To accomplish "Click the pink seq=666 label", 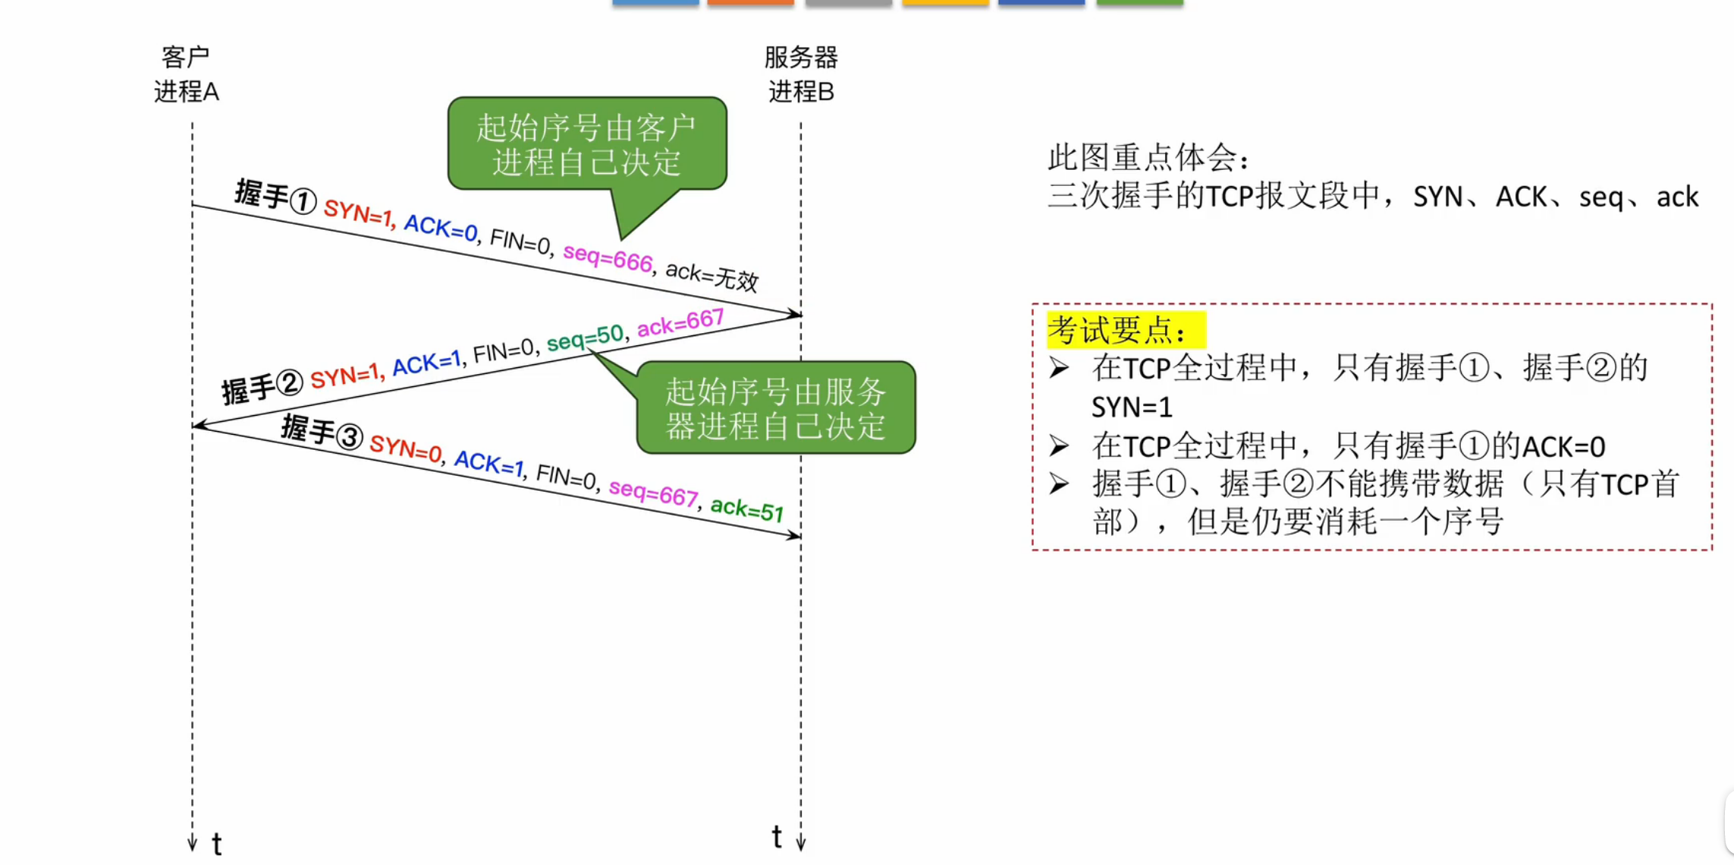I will pos(607,258).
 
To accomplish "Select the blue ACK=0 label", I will pos(441,228).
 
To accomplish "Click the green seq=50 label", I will pos(585,338).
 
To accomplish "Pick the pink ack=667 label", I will pos(680,322).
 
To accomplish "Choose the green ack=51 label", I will pos(746,510).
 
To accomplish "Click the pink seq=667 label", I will pos(653,493).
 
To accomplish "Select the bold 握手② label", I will pos(262,386).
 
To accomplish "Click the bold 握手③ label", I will pos(322,432).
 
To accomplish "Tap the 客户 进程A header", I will pos(186,74).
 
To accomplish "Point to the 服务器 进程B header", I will pos(800,74).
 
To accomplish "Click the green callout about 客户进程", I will pos(586,144).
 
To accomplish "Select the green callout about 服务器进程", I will pos(775,408).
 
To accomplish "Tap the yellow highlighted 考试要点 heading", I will pos(1126,330).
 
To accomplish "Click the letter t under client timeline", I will pos(217,844).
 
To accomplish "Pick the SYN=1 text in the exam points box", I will pos(1132,407).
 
